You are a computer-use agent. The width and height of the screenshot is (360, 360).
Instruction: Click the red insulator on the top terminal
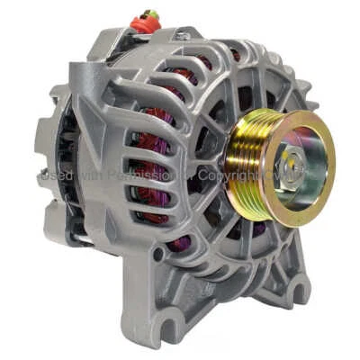pyautogui.click(x=144, y=24)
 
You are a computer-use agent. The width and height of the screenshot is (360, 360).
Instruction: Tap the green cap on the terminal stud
pyautogui.click(x=146, y=14)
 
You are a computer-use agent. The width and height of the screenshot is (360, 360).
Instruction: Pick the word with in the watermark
pyautogui.click(x=90, y=177)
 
